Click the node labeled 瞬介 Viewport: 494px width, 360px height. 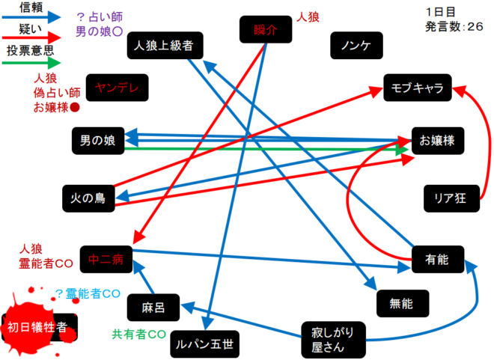tap(263, 31)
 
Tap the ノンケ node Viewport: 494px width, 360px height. tap(356, 46)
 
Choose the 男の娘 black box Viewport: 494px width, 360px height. tap(98, 140)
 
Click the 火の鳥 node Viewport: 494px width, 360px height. tap(88, 198)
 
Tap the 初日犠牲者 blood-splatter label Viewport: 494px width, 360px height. tap(37, 327)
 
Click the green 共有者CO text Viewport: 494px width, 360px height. tap(139, 333)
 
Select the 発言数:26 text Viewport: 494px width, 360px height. tap(454, 27)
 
